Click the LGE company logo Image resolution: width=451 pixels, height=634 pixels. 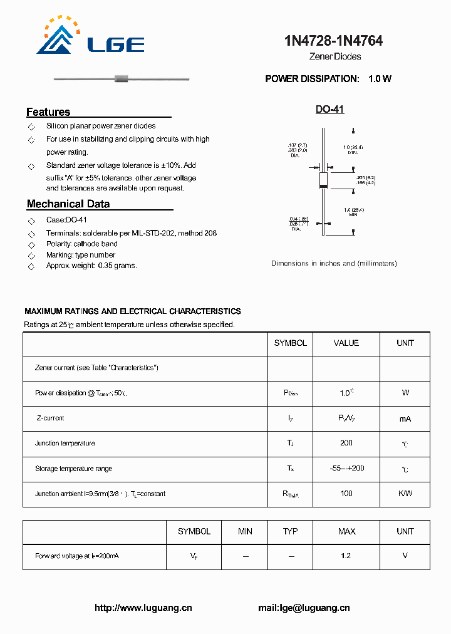(x=90, y=37)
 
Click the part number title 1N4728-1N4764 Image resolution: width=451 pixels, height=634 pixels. (x=334, y=41)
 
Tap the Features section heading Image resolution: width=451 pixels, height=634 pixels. (x=48, y=112)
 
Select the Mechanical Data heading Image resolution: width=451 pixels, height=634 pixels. (x=68, y=204)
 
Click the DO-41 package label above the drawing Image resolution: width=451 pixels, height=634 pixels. (x=329, y=110)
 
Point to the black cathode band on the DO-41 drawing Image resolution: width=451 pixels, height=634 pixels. (x=323, y=185)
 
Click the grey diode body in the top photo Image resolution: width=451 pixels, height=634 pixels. (x=122, y=79)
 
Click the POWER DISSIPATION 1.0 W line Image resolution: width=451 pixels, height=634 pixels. (x=328, y=79)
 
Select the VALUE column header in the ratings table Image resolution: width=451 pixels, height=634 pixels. (x=346, y=343)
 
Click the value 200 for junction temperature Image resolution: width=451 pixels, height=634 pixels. (x=346, y=443)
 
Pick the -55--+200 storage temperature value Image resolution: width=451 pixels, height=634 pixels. (x=346, y=469)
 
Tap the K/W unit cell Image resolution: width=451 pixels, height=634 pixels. (x=405, y=494)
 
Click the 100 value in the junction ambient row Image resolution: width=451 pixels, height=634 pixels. (x=346, y=494)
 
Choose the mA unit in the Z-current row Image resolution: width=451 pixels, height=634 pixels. (x=405, y=418)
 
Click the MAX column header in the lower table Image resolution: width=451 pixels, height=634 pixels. (x=346, y=531)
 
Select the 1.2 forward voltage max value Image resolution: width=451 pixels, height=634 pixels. (x=346, y=556)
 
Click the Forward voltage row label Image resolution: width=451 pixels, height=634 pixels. (x=77, y=556)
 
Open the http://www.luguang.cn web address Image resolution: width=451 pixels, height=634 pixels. (x=143, y=608)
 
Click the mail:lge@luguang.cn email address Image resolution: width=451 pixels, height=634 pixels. (x=304, y=608)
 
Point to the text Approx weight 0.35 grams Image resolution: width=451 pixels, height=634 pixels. (x=91, y=266)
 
